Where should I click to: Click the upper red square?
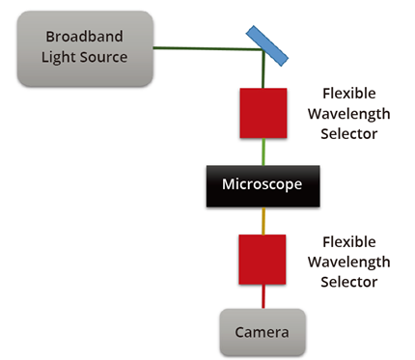[263, 112]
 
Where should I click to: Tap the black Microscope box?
[263, 184]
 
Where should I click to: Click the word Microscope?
[263, 184]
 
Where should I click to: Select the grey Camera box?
[263, 332]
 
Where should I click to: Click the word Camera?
[263, 333]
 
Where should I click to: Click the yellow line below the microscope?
[263, 219]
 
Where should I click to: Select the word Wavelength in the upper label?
[348, 114]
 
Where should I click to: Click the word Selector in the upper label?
[348, 132]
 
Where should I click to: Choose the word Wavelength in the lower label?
[348, 263]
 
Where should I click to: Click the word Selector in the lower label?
[348, 281]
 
